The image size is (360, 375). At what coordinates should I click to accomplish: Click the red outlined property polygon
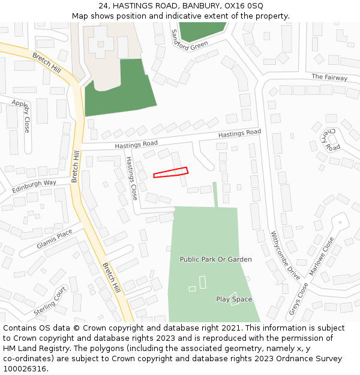tap(170, 172)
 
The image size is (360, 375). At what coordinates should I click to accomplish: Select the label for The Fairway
tap(329, 77)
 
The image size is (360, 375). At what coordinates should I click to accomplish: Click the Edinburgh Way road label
tap(34, 186)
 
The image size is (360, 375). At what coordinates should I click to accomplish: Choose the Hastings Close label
tap(131, 178)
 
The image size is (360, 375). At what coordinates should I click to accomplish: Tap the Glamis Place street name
tap(54, 239)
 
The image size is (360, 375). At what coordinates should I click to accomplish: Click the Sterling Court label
tap(50, 301)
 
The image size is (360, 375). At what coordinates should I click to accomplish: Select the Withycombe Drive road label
tap(285, 256)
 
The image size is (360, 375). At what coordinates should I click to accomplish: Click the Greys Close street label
tap(298, 298)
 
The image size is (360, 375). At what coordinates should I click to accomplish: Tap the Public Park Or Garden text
tap(215, 259)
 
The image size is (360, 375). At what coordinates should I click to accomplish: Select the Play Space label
tap(234, 299)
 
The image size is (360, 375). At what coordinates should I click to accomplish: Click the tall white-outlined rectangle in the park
tap(202, 282)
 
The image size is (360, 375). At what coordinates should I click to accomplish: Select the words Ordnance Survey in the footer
tap(313, 359)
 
